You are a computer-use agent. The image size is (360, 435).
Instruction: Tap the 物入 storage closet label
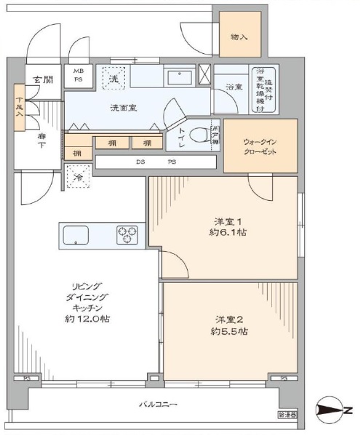239,36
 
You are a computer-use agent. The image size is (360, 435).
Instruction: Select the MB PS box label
79,76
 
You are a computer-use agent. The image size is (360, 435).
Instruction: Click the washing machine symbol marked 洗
113,77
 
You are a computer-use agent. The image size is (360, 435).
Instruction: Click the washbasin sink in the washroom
177,76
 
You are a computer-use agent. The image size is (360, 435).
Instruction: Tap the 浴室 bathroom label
233,87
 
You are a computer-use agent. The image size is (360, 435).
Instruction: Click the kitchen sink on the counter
76,235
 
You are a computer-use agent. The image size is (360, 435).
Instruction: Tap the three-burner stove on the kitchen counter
127,235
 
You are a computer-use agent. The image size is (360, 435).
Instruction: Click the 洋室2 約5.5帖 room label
226,325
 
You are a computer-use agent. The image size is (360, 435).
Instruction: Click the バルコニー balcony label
158,404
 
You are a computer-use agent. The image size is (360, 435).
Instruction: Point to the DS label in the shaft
138,161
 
